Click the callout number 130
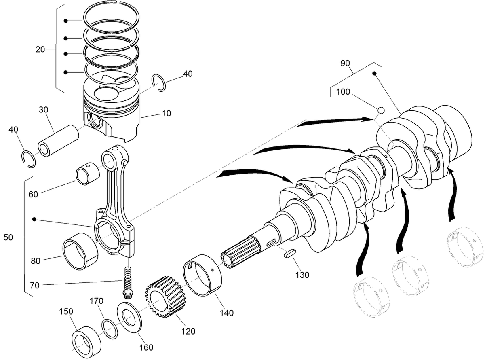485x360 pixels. pyautogui.click(x=302, y=275)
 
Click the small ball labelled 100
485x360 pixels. pyautogui.click(x=380, y=110)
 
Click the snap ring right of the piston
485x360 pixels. pyautogui.click(x=159, y=83)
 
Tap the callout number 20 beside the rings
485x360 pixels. pyautogui.click(x=40, y=49)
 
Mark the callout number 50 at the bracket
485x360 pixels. pyautogui.click(x=8, y=237)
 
